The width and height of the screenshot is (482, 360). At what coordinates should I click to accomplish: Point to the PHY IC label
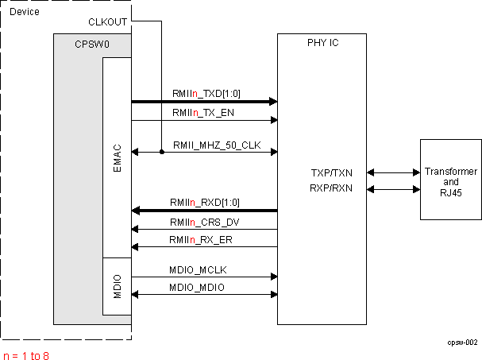pos(322,43)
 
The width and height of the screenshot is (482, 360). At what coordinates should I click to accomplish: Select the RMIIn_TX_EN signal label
pos(203,113)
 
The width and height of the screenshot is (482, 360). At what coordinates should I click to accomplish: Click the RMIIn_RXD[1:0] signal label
pos(206,203)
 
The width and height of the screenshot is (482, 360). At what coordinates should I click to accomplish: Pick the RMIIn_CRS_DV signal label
pos(204,222)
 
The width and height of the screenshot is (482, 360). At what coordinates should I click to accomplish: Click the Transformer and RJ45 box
pos(450,180)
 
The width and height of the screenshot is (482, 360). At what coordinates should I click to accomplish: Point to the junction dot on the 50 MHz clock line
pos(162,152)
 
